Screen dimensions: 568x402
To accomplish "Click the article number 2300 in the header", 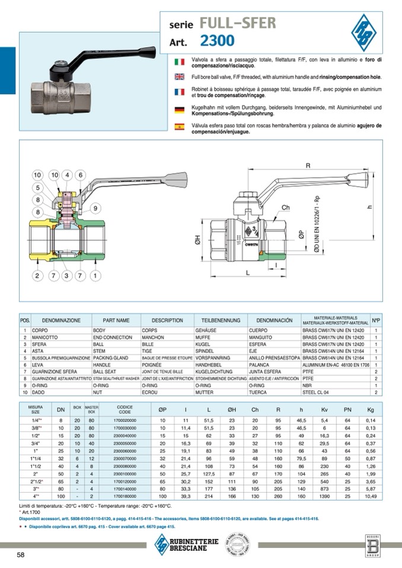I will point(217,41).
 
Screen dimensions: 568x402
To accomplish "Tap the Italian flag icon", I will point(180,61).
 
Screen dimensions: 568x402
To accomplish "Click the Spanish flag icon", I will point(180,126).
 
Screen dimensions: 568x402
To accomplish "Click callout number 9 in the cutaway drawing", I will point(94,207).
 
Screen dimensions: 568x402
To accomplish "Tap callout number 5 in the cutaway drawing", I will point(37,188).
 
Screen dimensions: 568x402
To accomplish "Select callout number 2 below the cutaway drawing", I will point(37,276).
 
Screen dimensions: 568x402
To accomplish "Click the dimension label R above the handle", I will point(308,166).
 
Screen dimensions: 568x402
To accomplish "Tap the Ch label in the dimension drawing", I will point(285,208).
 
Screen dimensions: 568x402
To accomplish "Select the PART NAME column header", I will point(116,320).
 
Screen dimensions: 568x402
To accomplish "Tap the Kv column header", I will point(324,409).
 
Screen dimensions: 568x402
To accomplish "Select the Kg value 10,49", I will point(371,496).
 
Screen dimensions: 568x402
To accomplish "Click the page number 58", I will point(20,555).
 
